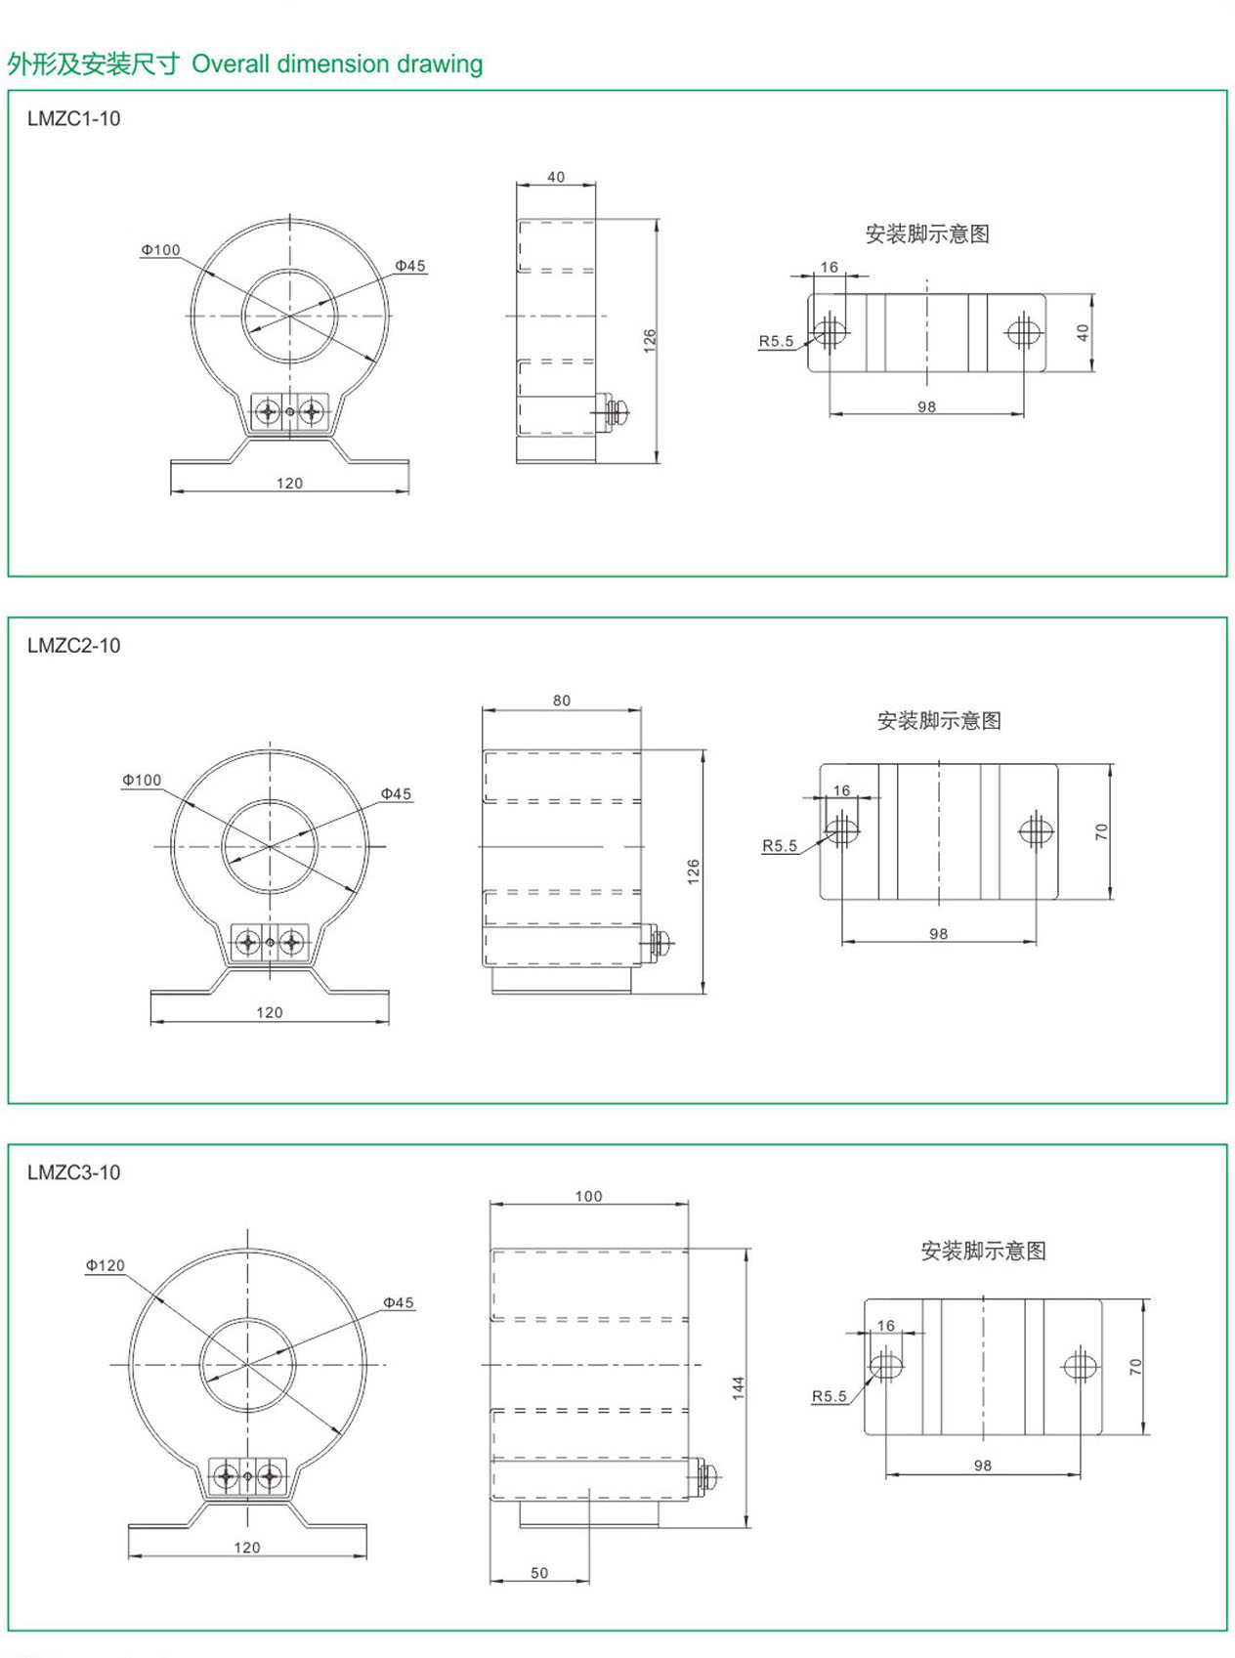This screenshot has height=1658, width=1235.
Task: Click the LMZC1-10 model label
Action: [73, 119]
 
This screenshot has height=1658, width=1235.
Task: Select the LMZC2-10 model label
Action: [73, 645]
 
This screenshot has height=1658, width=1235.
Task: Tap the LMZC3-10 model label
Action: [73, 1172]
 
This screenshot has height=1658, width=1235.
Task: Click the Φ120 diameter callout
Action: [106, 1265]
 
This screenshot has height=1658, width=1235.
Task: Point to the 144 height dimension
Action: [739, 1387]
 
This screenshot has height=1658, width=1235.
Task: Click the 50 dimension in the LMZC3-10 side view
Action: [539, 1573]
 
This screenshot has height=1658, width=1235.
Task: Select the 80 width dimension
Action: [562, 701]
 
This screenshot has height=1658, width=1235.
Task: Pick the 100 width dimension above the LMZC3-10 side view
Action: [588, 1196]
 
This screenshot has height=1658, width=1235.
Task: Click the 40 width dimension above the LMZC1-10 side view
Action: [555, 177]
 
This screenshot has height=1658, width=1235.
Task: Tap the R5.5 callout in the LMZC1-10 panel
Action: [776, 341]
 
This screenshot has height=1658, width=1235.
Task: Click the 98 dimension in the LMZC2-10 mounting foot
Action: [938, 934]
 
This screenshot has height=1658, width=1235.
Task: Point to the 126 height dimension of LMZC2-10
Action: [693, 872]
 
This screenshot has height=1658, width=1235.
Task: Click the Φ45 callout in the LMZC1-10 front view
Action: [409, 266]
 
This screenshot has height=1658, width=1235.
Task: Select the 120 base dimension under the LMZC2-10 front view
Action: [269, 1012]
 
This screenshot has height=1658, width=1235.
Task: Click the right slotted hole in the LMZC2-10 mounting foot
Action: [1036, 829]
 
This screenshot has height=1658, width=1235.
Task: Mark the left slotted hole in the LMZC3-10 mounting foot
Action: [886, 1367]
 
